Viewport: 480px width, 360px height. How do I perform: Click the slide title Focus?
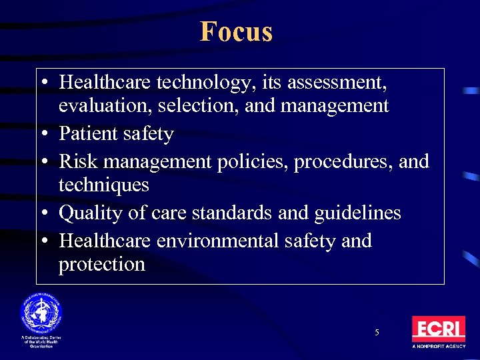point(236,31)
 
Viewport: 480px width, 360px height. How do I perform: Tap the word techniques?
point(103,185)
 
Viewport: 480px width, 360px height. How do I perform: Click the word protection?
point(101,264)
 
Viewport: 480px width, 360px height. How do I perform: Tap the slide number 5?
point(377,332)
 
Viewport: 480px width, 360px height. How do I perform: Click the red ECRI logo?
point(438,329)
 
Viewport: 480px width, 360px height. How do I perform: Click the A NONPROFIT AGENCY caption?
point(438,347)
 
